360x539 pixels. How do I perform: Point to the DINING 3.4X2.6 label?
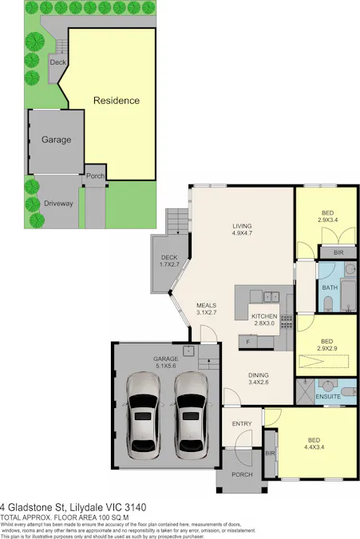[258, 378]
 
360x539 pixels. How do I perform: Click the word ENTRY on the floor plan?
[242, 423]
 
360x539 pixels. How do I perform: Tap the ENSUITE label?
[329, 396]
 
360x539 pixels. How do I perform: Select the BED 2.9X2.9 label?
[327, 346]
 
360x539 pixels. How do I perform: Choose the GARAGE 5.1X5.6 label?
[166, 363]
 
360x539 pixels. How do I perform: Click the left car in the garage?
[142, 410]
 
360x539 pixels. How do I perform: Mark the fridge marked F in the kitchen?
[248, 343]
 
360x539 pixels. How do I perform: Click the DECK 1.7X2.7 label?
[169, 261]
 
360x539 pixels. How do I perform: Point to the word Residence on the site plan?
[117, 101]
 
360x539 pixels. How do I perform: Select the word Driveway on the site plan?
[58, 204]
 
